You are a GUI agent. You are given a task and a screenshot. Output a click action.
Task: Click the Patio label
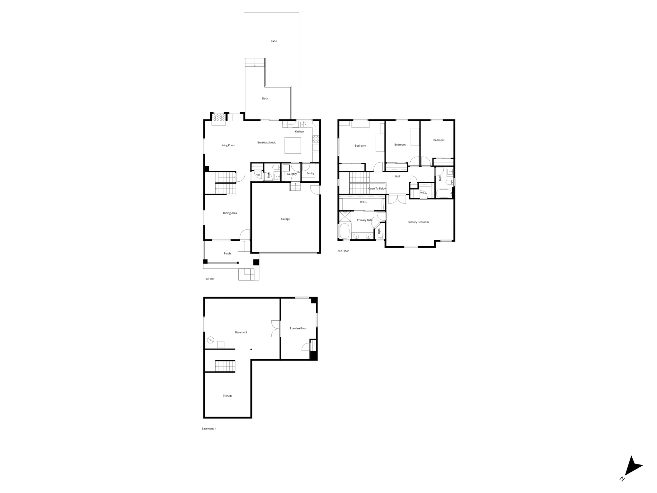click(274, 41)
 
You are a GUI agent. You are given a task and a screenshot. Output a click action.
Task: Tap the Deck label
click(265, 99)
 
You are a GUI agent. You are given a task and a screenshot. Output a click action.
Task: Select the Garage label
click(285, 219)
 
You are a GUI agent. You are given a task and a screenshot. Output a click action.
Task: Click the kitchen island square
click(293, 145)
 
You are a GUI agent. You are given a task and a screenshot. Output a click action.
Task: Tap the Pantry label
click(310, 173)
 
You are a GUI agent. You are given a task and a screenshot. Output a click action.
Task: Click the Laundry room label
click(292, 174)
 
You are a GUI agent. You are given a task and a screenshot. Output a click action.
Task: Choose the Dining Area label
click(230, 213)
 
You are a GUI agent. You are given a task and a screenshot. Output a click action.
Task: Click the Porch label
click(227, 254)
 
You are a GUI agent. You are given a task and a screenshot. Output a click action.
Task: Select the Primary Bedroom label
click(418, 222)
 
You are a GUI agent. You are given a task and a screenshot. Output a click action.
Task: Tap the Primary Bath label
click(364, 220)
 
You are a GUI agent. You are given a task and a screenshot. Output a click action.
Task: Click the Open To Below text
click(377, 189)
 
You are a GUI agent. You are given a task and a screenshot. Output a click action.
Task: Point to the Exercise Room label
click(298, 328)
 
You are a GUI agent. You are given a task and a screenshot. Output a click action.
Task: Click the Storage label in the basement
click(227, 396)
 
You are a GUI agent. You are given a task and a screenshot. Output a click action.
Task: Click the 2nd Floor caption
click(343, 251)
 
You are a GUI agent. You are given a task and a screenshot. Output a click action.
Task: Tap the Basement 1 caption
click(209, 429)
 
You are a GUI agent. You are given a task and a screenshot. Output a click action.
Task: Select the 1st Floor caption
click(209, 279)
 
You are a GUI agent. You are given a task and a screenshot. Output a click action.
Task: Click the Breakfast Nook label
click(266, 143)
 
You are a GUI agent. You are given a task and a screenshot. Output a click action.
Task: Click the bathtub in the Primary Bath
click(344, 231)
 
